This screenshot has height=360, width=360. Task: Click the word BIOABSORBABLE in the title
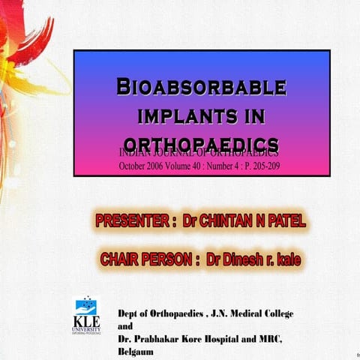tap(200, 87)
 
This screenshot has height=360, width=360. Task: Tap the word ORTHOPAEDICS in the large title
tap(201, 143)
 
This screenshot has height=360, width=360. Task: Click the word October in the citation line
tap(135, 166)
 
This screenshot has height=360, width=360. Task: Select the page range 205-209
tap(264, 166)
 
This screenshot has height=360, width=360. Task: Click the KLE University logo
tap(87, 315)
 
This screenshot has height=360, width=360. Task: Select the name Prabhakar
tap(160, 339)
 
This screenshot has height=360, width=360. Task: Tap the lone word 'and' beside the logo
tap(126, 326)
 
